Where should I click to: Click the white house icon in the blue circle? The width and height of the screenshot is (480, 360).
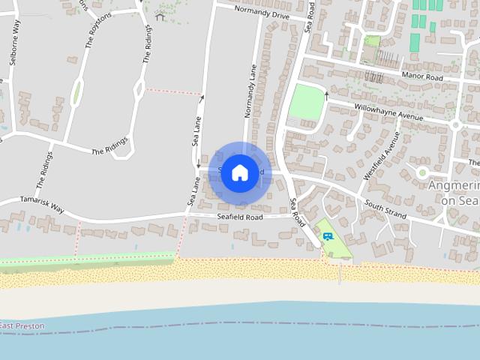pyautogui.click(x=239, y=172)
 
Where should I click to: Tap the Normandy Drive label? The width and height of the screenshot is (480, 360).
pyautogui.click(x=260, y=12)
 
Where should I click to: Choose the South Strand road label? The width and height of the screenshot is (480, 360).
pyautogui.click(x=385, y=209)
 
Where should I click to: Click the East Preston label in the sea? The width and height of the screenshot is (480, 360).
pyautogui.click(x=22, y=325)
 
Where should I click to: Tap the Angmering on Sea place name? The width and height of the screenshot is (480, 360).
pyautogui.click(x=454, y=192)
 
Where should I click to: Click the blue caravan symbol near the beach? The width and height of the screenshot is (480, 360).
pyautogui.click(x=328, y=236)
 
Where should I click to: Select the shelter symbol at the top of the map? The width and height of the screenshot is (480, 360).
pyautogui.click(x=159, y=16)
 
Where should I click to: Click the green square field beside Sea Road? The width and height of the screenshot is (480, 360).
pyautogui.click(x=306, y=102)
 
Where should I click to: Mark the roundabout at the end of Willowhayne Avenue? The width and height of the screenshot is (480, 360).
pyautogui.click(x=454, y=125)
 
